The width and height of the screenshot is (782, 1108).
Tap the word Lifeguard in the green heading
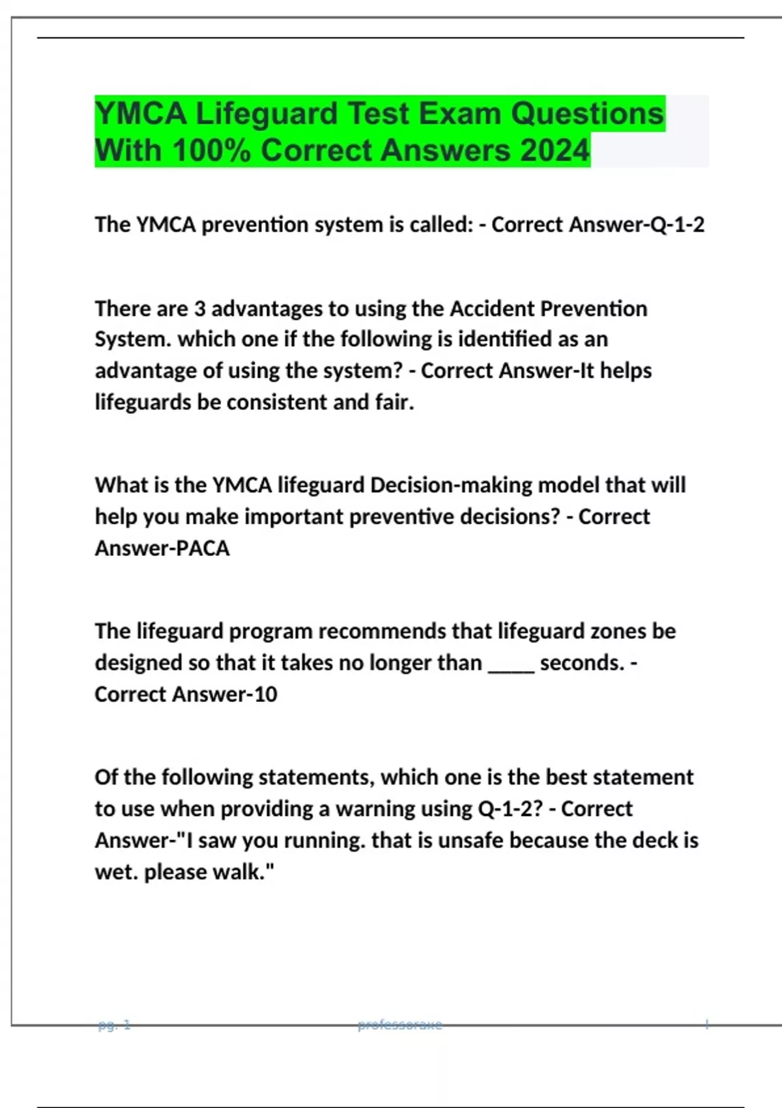[x=267, y=114]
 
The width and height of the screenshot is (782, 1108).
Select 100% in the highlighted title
[x=212, y=151]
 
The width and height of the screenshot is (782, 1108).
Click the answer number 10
[x=265, y=694]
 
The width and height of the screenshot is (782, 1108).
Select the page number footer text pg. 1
[x=114, y=1025]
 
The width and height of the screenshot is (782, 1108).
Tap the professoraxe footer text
[x=399, y=1025]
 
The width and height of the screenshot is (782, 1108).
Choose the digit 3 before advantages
[x=200, y=308]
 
